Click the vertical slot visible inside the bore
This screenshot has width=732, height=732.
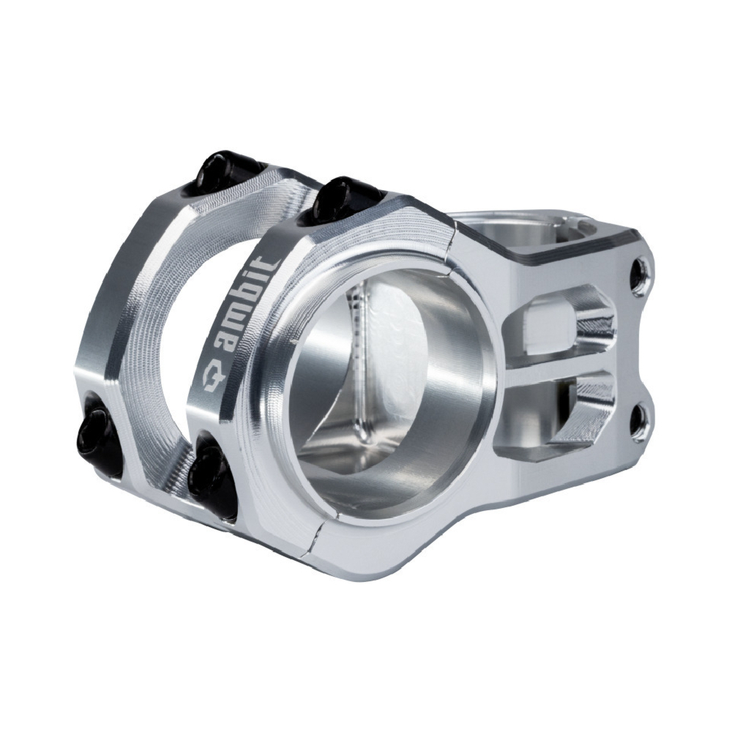[x=359, y=366]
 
